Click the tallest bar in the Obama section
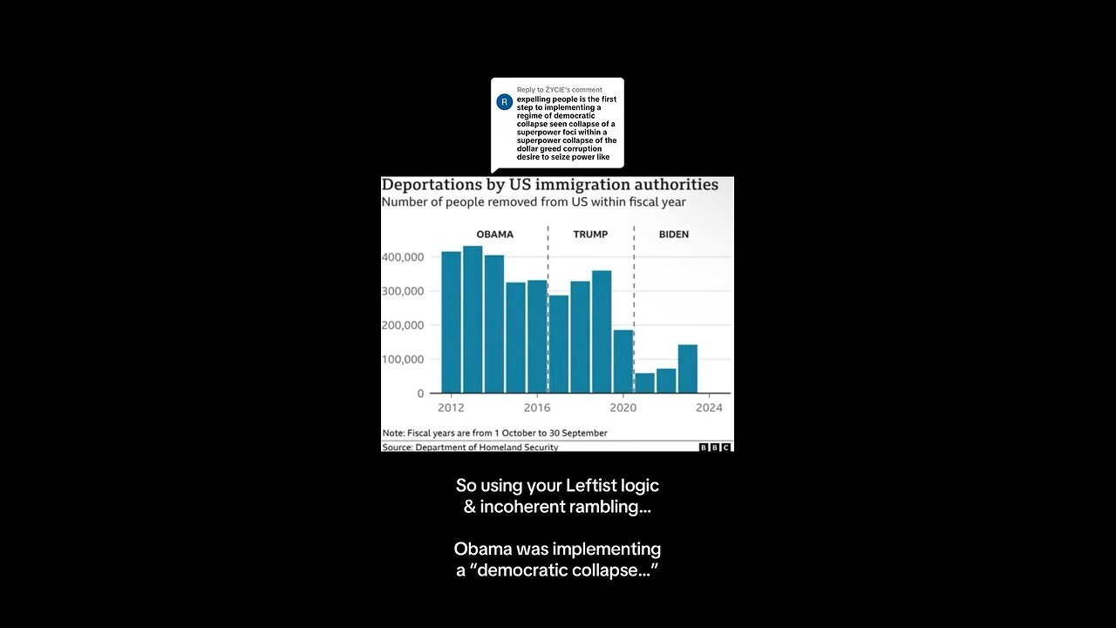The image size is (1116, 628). pos(473,319)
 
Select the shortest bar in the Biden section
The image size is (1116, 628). pos(644,383)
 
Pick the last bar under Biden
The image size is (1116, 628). pos(687,368)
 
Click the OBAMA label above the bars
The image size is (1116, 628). pos(494,235)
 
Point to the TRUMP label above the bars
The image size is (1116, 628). pos(590,235)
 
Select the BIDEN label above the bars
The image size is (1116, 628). pos(674,235)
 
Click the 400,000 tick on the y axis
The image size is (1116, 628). pos(402,257)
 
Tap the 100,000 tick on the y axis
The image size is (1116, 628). pos(402,359)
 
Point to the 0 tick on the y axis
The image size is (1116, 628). pos(419,393)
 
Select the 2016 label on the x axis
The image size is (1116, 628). pos(537,408)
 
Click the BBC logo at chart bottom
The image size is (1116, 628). pos(715,447)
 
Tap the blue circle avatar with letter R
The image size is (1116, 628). pos(504,102)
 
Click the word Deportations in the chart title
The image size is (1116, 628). pos(432,185)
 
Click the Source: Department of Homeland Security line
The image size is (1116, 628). pos(470,447)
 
